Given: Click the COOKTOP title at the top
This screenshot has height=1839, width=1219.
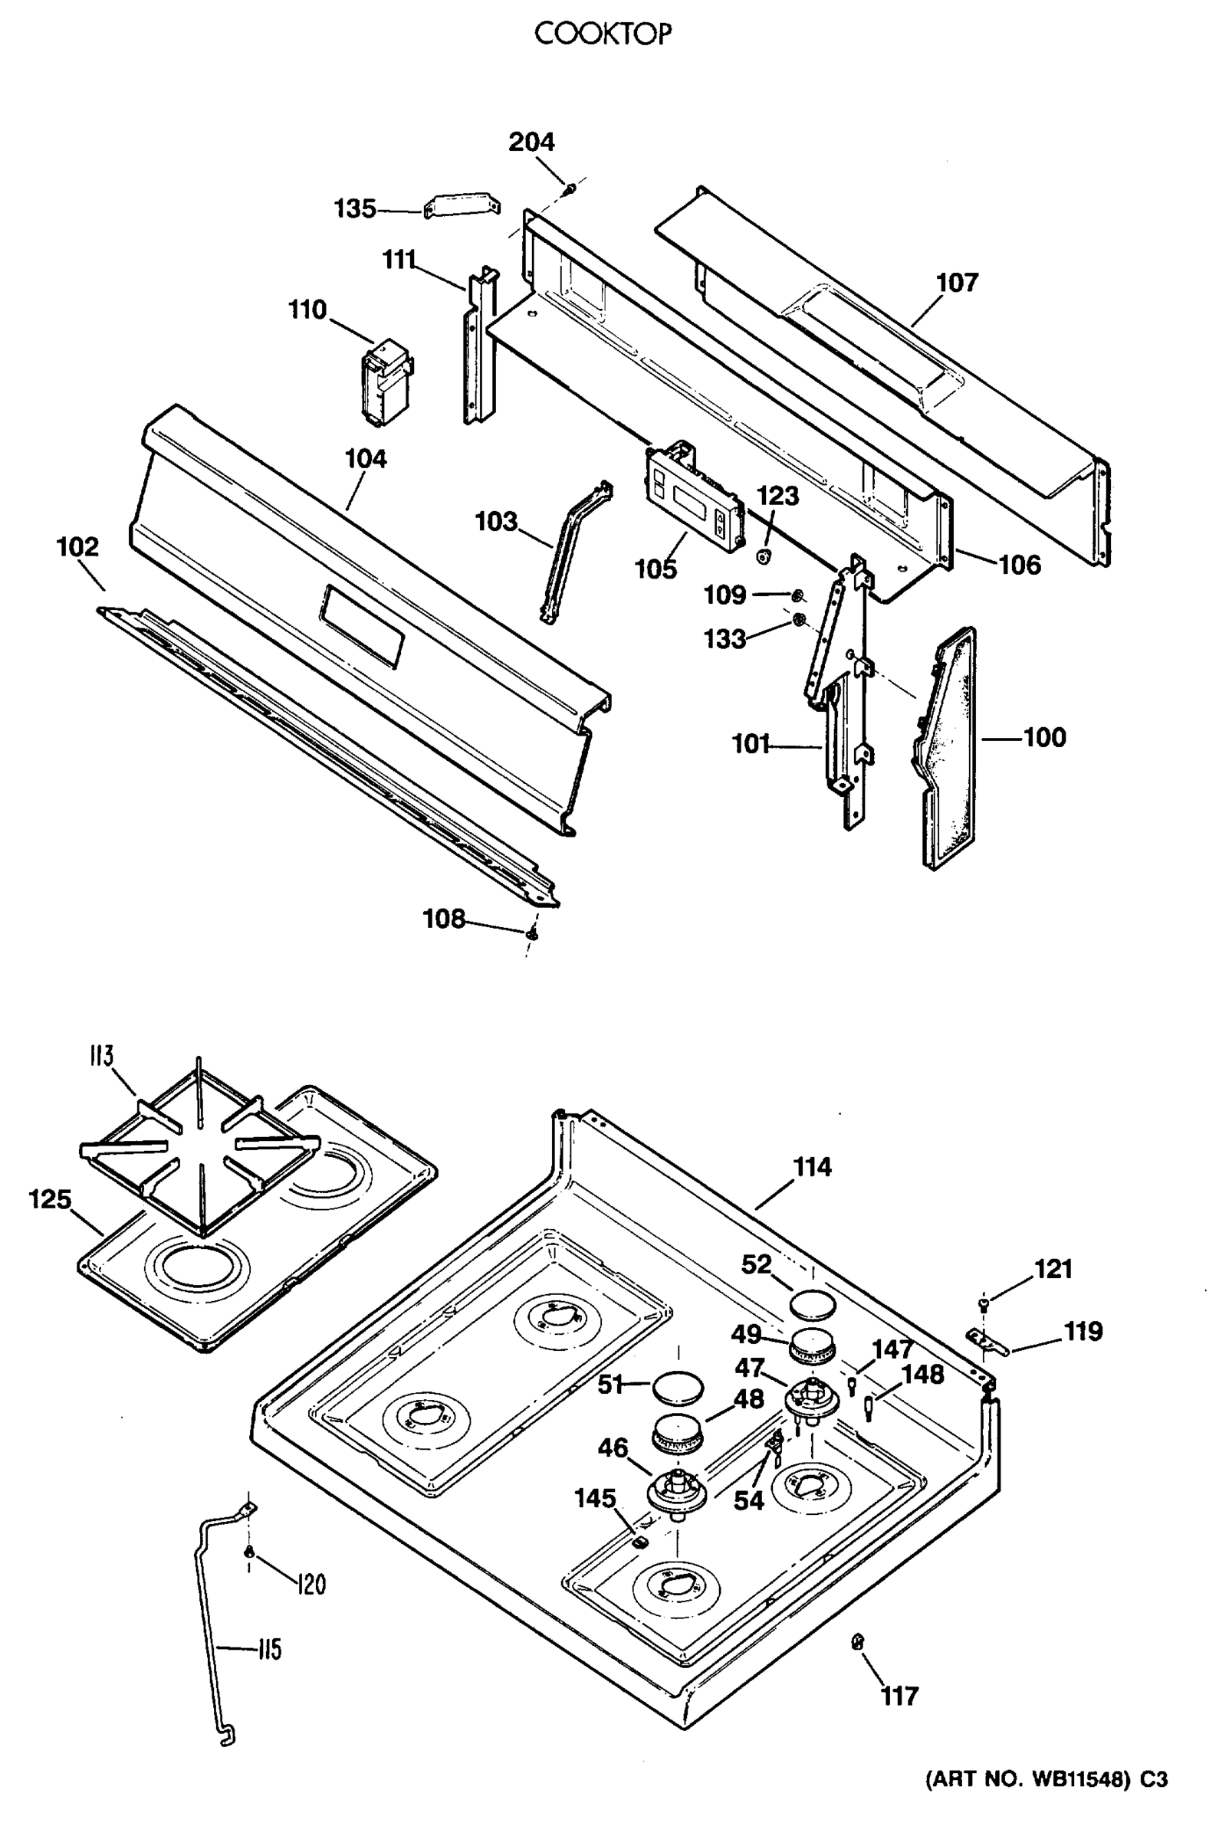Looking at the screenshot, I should [x=603, y=34].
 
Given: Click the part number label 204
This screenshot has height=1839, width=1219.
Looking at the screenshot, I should [x=532, y=143].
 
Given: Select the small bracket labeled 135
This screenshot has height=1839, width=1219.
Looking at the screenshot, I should [x=462, y=207].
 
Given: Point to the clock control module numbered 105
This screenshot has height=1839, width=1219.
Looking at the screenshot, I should [x=694, y=497].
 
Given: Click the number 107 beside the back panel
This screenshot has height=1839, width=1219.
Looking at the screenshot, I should [x=957, y=283].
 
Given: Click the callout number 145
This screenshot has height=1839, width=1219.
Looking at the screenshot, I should [x=595, y=1498].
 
